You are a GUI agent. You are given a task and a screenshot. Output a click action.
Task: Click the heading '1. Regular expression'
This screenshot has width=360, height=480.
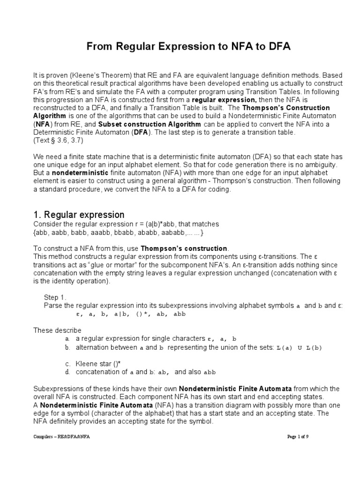79,215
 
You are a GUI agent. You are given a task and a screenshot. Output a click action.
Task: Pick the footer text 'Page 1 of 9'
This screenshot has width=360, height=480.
298,436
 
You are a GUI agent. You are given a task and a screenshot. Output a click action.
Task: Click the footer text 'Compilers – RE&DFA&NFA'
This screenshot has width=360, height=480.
61,436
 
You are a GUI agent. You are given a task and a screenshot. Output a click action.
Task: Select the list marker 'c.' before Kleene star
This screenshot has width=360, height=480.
68,364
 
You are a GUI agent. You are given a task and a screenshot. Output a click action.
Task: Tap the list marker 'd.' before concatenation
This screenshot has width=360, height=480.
68,372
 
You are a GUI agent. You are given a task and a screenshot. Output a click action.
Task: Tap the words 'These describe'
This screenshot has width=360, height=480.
57,330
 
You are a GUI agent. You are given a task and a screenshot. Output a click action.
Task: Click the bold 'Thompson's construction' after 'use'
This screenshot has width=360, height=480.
191,248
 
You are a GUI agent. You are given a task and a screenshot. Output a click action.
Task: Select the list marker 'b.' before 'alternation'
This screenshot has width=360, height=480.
68,347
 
